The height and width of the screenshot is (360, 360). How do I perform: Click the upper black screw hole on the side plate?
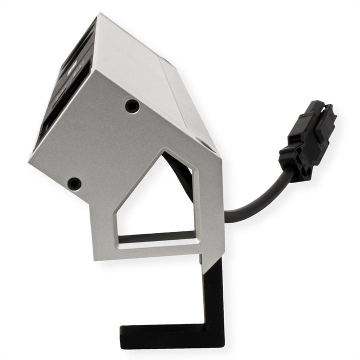pyautogui.click(x=132, y=105)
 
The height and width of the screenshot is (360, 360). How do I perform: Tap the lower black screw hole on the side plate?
pyautogui.click(x=74, y=183)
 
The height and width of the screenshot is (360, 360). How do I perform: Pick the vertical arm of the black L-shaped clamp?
pyautogui.click(x=213, y=295)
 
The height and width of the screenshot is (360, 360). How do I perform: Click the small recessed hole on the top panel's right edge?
pyautogui.click(x=205, y=143)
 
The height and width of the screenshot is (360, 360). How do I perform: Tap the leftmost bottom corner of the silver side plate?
pyautogui.click(x=29, y=161)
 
